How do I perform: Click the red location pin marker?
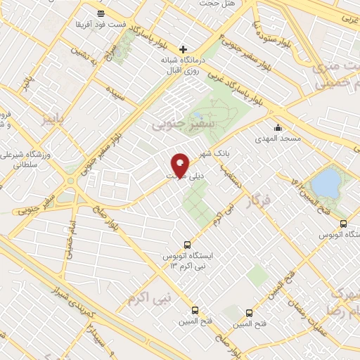coord(180,165)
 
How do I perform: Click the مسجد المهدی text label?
coord(279,139)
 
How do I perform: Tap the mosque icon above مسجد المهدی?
coord(279,128)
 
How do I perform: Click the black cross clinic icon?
coord(184,49)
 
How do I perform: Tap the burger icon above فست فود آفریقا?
coord(102,13)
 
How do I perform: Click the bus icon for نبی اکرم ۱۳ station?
coord(186,243)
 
